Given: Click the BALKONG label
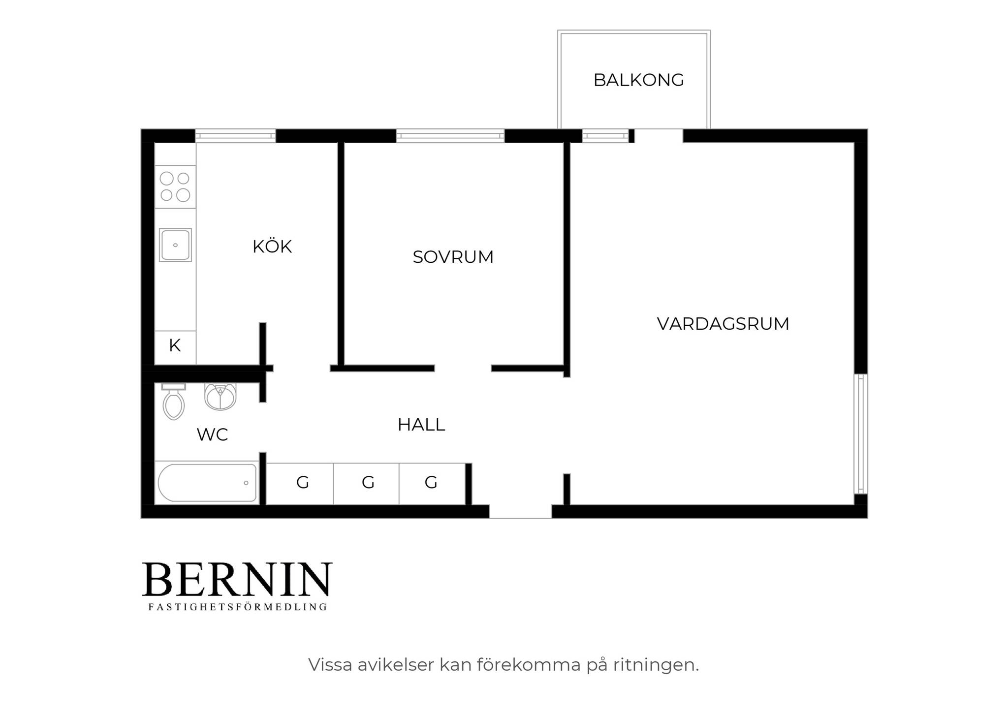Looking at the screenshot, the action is (x=638, y=80).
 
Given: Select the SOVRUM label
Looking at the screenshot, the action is (x=453, y=257).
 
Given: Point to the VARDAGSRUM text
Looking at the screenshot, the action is (x=723, y=324).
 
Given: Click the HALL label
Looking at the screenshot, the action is (x=421, y=425).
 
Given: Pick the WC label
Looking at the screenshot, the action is (x=212, y=434).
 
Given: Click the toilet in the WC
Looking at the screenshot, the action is (x=174, y=402).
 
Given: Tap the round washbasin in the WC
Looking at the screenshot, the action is (x=220, y=397).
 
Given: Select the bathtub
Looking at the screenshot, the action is (x=207, y=483).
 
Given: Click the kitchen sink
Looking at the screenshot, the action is (x=175, y=245).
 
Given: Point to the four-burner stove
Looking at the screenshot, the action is (x=175, y=186).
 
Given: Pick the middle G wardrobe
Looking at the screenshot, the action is (x=366, y=484).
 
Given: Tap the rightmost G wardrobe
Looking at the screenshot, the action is (x=432, y=484).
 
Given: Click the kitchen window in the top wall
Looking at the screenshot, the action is (x=235, y=136).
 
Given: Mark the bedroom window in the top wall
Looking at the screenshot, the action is (x=450, y=136).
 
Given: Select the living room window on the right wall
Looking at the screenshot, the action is (x=861, y=434).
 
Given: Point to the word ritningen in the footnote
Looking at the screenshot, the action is (x=656, y=665).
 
